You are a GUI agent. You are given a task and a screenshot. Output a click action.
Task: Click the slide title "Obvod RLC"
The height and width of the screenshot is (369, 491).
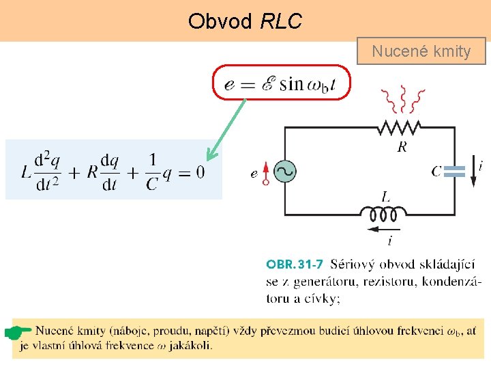[x=245, y=21]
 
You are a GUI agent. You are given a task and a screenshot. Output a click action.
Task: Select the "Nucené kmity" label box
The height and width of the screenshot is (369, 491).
[x=421, y=51]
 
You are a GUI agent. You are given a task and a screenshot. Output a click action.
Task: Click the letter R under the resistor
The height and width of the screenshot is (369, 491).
[x=402, y=147]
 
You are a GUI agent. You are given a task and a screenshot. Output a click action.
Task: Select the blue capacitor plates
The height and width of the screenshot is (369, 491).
[x=454, y=172]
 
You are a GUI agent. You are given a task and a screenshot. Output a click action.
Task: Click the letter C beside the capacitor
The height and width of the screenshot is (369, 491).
[x=436, y=171]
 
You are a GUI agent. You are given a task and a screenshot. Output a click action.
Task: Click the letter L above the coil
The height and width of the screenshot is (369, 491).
[x=386, y=197]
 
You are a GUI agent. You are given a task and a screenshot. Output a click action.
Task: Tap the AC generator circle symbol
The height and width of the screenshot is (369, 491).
[x=284, y=172]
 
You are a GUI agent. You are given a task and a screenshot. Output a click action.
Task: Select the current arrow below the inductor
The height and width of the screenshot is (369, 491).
[x=383, y=230]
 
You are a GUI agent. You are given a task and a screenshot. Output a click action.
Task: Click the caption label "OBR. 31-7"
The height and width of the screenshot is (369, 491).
[x=295, y=264]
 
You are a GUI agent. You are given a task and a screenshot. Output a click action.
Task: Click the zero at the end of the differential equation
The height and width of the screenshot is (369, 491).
[x=199, y=172]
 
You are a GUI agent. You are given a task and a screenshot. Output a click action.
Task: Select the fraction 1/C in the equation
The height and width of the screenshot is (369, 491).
[x=152, y=172]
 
